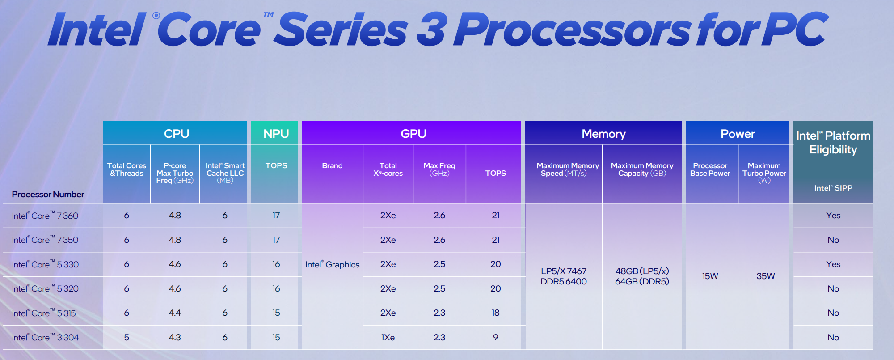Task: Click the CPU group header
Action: [x=176, y=133]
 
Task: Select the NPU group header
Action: [x=276, y=133]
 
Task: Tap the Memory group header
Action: [x=603, y=134]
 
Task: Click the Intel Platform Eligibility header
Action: [x=833, y=142]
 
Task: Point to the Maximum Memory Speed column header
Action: [x=567, y=169]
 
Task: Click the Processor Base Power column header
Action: [x=710, y=169]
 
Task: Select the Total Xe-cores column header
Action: [x=388, y=169]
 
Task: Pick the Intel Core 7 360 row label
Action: [x=45, y=216]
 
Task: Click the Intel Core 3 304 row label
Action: [x=45, y=337]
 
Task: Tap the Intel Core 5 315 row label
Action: [x=44, y=313]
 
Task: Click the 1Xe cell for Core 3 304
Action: [x=388, y=337]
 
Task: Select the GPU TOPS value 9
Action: [x=495, y=337]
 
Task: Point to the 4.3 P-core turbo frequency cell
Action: [x=175, y=337]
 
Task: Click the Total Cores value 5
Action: [x=127, y=337]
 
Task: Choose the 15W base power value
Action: [x=710, y=276]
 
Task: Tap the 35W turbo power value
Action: [x=765, y=276]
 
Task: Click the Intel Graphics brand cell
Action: [x=332, y=264]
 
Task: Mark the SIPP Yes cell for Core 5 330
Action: [x=833, y=264]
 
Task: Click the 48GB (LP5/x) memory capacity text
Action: [x=642, y=271]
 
